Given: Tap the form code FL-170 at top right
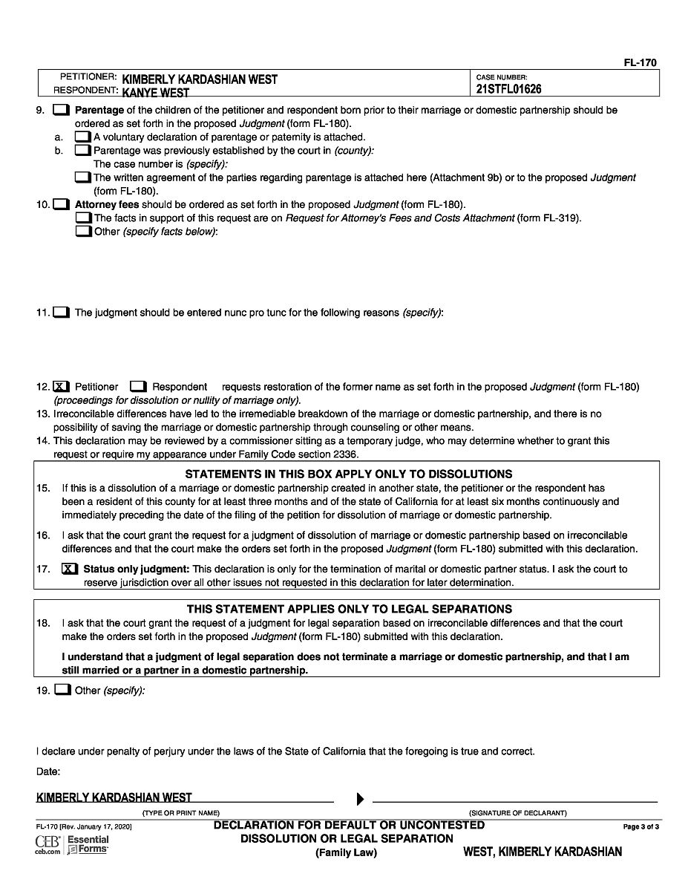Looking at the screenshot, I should pos(640,63).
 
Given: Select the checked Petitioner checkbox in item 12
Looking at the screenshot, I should pos(62,387).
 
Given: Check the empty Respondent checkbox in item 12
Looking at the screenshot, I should pos(138,387).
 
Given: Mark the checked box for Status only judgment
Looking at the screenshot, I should pos(69,569).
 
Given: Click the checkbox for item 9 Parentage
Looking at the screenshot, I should pos(61,111).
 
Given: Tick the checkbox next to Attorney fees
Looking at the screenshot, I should pos(61,204).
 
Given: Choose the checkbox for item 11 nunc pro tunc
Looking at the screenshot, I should pos(61,313).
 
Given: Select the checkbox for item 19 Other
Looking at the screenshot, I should pos(63,691).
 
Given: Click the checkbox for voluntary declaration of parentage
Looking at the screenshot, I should pos(82,137).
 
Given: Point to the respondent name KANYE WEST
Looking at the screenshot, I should pos(155,93).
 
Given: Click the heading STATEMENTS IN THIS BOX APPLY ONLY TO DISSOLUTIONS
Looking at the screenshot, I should pos(348,474).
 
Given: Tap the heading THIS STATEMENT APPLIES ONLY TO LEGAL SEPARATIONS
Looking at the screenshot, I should pos(349,609).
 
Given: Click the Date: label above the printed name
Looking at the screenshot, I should pos(48,772).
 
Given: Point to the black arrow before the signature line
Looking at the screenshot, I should pos(360,799).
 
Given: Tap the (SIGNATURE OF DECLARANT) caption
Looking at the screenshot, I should pos(517,813).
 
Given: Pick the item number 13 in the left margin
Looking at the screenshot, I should pos(42,414).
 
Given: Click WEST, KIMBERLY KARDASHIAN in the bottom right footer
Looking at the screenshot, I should pos(543,852).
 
